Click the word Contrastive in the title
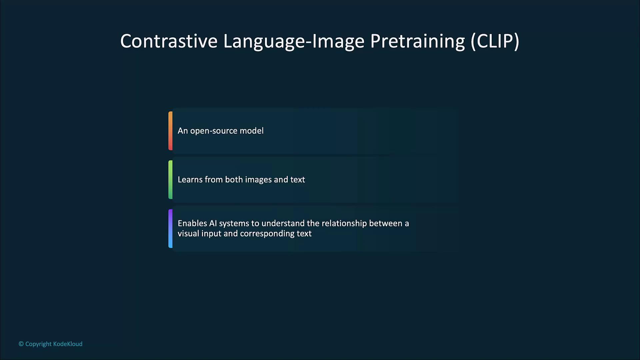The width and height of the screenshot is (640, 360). [169, 41]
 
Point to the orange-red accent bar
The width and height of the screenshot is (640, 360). [170, 131]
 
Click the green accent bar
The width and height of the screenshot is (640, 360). [170, 180]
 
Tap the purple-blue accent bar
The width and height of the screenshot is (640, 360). [170, 229]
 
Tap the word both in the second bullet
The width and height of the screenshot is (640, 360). [234, 180]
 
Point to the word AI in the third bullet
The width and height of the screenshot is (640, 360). [213, 223]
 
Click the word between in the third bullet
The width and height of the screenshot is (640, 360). [385, 223]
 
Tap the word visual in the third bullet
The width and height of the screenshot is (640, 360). [188, 233]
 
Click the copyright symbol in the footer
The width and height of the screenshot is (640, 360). [21, 344]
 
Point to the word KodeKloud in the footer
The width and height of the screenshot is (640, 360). [68, 344]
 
